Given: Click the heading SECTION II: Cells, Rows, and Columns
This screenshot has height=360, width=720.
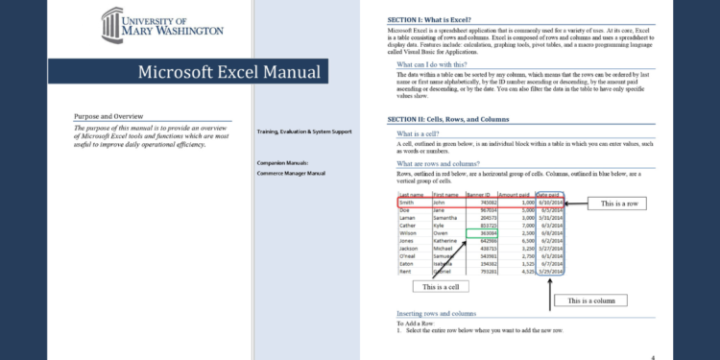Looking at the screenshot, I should pyautogui.click(x=462, y=119).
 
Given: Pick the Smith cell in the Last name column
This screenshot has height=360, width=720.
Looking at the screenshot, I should pyautogui.click(x=408, y=203).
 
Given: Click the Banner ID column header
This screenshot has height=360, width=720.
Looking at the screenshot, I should pyautogui.click(x=480, y=194).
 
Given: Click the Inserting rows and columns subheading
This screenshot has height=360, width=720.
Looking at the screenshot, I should pyautogui.click(x=436, y=314).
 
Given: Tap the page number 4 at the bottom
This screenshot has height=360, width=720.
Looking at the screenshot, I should pyautogui.click(x=653, y=356).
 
